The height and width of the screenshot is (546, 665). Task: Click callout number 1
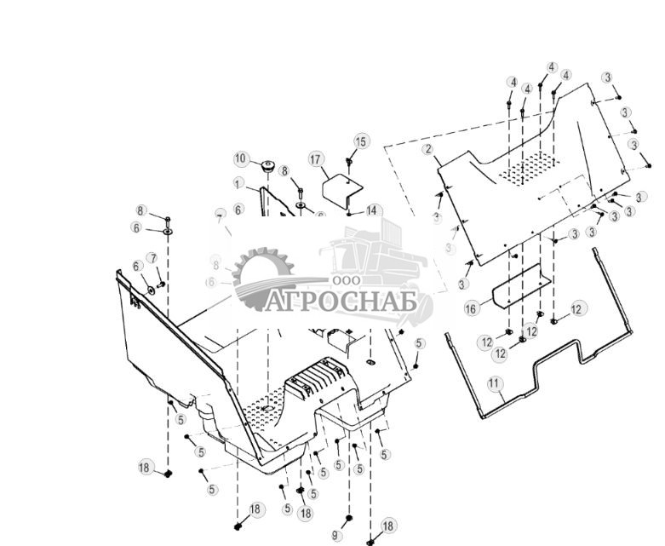[238, 183]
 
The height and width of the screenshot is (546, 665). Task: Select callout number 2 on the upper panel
[428, 149]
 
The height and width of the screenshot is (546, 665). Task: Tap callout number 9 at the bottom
[335, 536]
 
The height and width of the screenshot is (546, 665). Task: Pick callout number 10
[240, 158]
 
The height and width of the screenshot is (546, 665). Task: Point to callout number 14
[372, 210]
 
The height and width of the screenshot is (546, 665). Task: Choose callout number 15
[361, 141]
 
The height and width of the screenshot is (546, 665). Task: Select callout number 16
[472, 308]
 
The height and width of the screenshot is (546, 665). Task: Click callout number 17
[315, 159]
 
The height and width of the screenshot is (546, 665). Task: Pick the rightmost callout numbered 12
[578, 308]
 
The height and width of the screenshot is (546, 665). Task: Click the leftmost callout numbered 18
[145, 466]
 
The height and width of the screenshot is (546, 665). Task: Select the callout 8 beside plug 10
[284, 171]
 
